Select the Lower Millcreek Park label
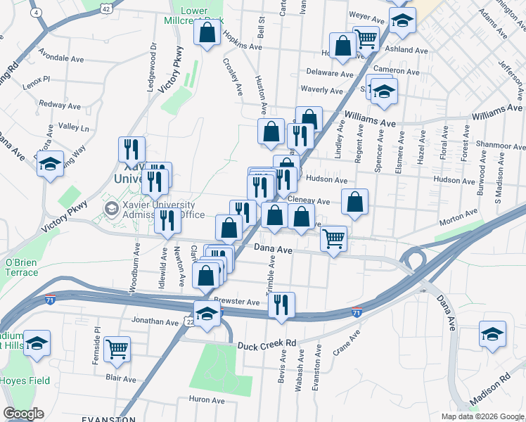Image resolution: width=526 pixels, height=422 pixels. (205, 16)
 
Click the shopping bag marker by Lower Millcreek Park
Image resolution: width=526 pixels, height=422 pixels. (207, 33)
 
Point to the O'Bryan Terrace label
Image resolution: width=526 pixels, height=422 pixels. (21, 267)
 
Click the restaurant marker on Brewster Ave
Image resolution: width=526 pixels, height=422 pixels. (281, 305)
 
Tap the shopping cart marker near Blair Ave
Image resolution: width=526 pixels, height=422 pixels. (117, 349)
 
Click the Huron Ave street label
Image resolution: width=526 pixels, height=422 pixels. (206, 399)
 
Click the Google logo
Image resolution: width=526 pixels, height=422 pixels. (23, 413)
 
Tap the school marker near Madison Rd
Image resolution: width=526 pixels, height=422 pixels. (492, 335)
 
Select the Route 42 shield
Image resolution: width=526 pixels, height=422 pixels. (105, 6)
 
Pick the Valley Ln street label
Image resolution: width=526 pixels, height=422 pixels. (74, 128)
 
